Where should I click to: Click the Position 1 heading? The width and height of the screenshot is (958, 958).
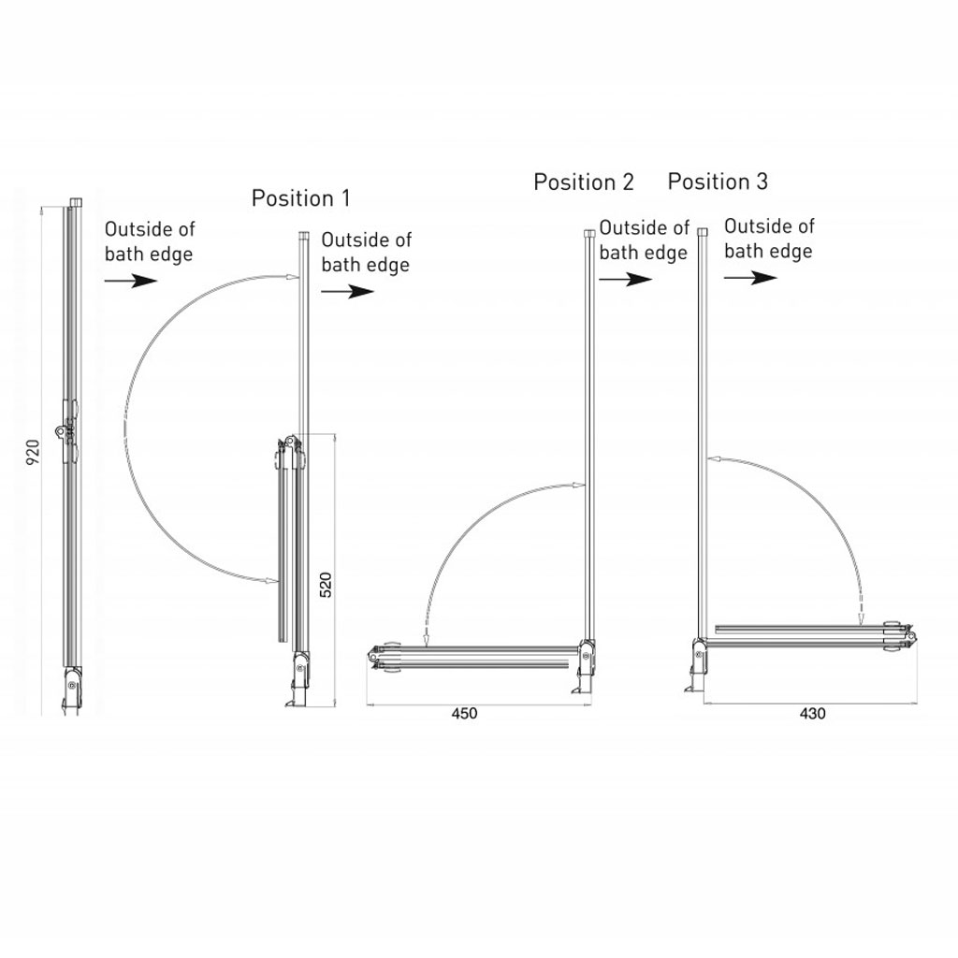pyautogui.click(x=300, y=198)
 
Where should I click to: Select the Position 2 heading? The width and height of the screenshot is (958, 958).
pyautogui.click(x=584, y=182)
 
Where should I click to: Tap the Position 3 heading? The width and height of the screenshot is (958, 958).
pyautogui.click(x=718, y=181)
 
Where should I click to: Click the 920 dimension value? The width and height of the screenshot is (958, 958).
pyautogui.click(x=33, y=452)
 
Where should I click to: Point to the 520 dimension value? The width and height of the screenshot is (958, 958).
pyautogui.click(x=326, y=585)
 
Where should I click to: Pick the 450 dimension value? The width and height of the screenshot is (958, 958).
pyautogui.click(x=464, y=714)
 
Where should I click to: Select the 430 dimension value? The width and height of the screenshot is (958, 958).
pyautogui.click(x=813, y=714)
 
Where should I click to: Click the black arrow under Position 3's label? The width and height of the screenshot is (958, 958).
pyautogui.click(x=751, y=278)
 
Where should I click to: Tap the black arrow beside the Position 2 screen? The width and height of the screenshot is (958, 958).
pyautogui.click(x=626, y=280)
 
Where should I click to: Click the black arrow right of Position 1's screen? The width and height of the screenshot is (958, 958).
pyautogui.click(x=348, y=292)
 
